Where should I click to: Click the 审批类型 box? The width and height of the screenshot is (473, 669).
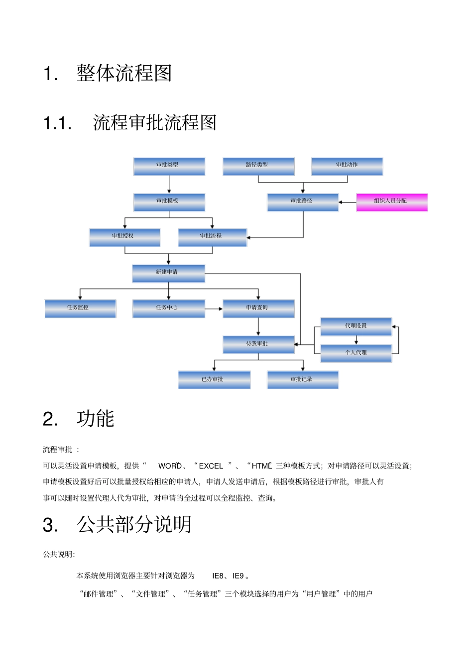(x=169, y=167)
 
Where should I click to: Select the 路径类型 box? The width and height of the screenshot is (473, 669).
(x=258, y=167)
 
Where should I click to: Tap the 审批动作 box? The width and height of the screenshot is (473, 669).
(x=347, y=167)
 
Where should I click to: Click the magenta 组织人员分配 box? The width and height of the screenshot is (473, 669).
(x=392, y=202)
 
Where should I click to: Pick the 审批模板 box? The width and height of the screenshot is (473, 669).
(x=169, y=202)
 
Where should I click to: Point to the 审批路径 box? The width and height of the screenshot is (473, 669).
(x=303, y=202)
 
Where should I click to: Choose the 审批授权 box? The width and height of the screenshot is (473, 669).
(x=124, y=238)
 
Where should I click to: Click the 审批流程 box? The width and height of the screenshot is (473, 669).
(x=212, y=238)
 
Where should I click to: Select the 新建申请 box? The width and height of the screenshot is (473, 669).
(x=168, y=274)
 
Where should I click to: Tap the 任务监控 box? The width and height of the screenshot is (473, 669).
(x=80, y=309)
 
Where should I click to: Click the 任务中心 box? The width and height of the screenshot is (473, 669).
(x=168, y=309)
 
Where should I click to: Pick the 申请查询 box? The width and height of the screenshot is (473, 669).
(x=258, y=309)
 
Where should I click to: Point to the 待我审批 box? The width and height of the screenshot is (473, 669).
(x=258, y=345)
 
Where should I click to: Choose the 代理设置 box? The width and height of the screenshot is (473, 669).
(x=356, y=327)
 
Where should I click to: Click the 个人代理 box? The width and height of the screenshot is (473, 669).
(x=356, y=353)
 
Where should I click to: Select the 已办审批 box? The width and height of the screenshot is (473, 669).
(x=214, y=380)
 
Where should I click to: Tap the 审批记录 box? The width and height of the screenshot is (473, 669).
(x=303, y=380)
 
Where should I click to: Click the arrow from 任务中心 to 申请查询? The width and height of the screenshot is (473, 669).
(x=214, y=309)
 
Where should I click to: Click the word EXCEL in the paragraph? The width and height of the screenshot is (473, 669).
(x=211, y=466)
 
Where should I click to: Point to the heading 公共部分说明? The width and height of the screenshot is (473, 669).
(x=134, y=525)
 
